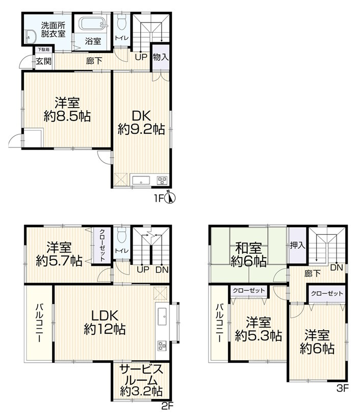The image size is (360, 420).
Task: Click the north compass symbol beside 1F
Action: pos(170,197)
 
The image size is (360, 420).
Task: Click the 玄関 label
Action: pos(43,61)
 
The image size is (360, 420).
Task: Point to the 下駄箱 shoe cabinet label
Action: pos(43,50)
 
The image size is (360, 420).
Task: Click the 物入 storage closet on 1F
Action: pos(161,57)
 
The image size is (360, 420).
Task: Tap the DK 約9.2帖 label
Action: pos(141,123)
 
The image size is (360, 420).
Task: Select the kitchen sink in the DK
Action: pos(141,180)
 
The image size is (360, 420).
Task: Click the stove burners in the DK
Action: pos(162,180)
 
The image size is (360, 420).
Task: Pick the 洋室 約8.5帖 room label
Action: pos(67,110)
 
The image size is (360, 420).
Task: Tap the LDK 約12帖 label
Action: pos(105,322)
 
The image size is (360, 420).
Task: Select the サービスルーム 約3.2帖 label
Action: pos(141,380)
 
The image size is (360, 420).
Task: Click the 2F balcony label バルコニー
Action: pos(39,323)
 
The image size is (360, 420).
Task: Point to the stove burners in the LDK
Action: pos(162,345)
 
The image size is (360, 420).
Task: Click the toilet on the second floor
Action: pos(122,235)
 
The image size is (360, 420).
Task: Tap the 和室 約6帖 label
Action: pos(249,255)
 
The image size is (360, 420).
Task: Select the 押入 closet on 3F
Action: pos(298,245)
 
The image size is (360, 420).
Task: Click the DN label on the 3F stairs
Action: pos(337,267)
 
